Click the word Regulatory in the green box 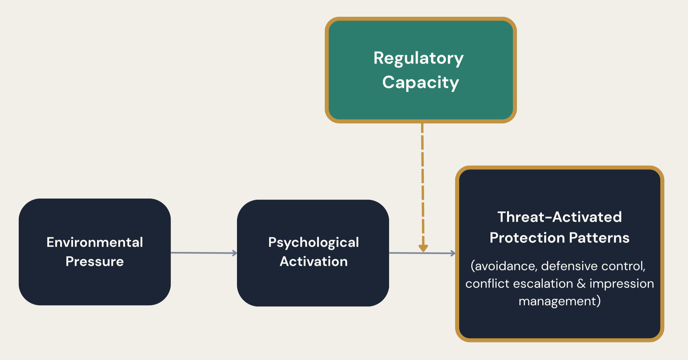tap(418, 58)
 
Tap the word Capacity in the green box tap(420, 82)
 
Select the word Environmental tap(95, 242)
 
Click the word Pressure tap(94, 261)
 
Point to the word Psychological tap(313, 242)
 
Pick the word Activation tap(313, 261)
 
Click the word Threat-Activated tap(559, 217)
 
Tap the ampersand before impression tap(581, 283)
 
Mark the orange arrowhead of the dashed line tap(423, 248)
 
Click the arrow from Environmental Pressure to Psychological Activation tap(204, 253)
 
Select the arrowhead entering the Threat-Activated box tap(453, 253)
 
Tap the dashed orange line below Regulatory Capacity tap(422, 184)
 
